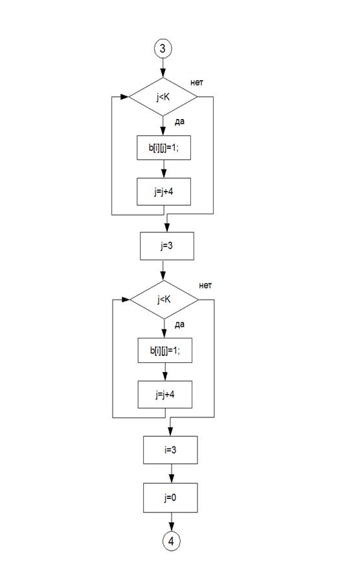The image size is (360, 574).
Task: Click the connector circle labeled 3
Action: tap(163, 49)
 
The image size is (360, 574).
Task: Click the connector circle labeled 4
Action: tap(171, 541)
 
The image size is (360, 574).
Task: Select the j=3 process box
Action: tap(167, 246)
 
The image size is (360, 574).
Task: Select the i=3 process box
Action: tap(170, 450)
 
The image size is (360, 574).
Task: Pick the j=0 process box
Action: tap(170, 498)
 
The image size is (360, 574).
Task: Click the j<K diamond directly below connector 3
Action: tap(163, 97)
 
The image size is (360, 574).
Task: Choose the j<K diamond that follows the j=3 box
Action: tap(164, 300)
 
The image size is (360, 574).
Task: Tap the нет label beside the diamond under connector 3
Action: tap(197, 83)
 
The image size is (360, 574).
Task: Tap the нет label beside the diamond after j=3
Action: tap(205, 285)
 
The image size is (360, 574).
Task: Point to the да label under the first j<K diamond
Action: tap(179, 122)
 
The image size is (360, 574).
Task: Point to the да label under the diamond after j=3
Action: tap(179, 325)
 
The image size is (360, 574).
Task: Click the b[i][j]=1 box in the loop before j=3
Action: tap(164, 148)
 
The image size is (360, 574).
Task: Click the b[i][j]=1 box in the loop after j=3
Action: tap(165, 350)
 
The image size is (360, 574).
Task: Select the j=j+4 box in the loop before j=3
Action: tap(164, 192)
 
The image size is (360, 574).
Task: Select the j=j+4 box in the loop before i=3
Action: tap(165, 395)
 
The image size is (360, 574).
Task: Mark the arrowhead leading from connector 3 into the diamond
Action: tap(163, 73)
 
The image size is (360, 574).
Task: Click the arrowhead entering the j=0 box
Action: tap(171, 479)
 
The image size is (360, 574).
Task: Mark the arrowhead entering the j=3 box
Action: tap(166, 228)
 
